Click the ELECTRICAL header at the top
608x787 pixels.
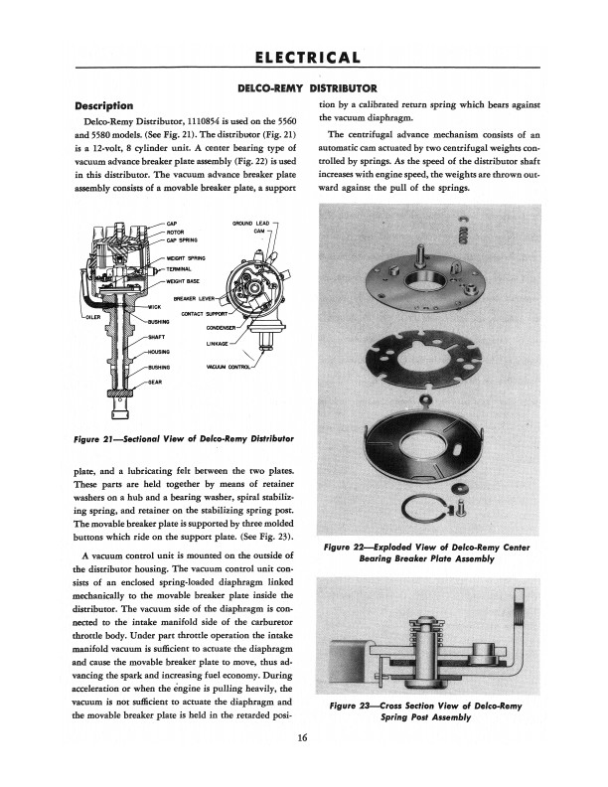click(x=304, y=56)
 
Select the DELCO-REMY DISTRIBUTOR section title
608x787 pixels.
click(x=304, y=88)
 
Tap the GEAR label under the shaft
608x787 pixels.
click(x=154, y=382)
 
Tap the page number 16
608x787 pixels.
click(x=303, y=737)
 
